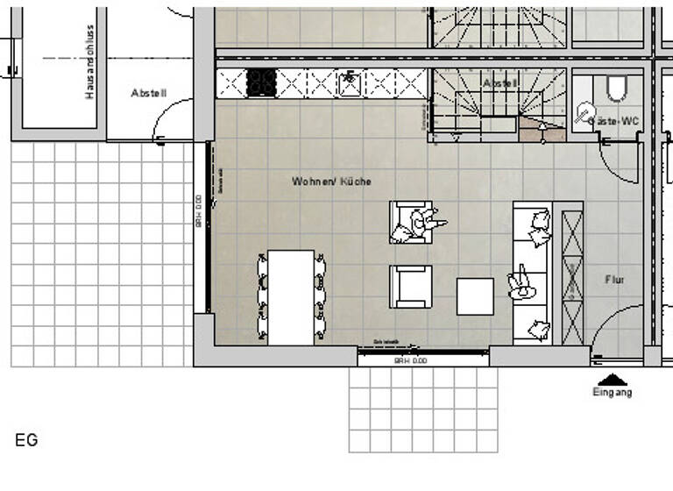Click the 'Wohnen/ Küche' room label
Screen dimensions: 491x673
pyautogui.click(x=331, y=181)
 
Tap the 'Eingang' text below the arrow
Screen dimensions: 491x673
pyautogui.click(x=612, y=393)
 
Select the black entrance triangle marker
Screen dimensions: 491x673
pyautogui.click(x=613, y=380)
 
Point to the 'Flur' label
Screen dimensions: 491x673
pyautogui.click(x=614, y=280)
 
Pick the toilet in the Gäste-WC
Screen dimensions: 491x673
pyautogui.click(x=617, y=87)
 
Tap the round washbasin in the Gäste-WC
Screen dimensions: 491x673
pyautogui.click(x=584, y=113)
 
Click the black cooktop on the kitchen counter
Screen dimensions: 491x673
pyautogui.click(x=261, y=83)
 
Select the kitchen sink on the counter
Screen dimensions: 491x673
pyautogui.click(x=350, y=83)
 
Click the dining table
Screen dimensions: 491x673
pyautogui.click(x=291, y=297)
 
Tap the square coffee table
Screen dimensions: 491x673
pyautogui.click(x=475, y=296)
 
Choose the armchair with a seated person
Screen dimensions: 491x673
pyautogui.click(x=412, y=222)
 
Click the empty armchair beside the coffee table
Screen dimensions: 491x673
pyautogui.click(x=411, y=287)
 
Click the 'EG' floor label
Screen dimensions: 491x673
pyautogui.click(x=26, y=440)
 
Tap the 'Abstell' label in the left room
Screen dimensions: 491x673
pyautogui.click(x=148, y=93)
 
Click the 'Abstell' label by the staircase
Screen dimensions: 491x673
pyautogui.click(x=500, y=83)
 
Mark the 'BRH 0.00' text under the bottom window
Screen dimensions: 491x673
pyautogui.click(x=409, y=360)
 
